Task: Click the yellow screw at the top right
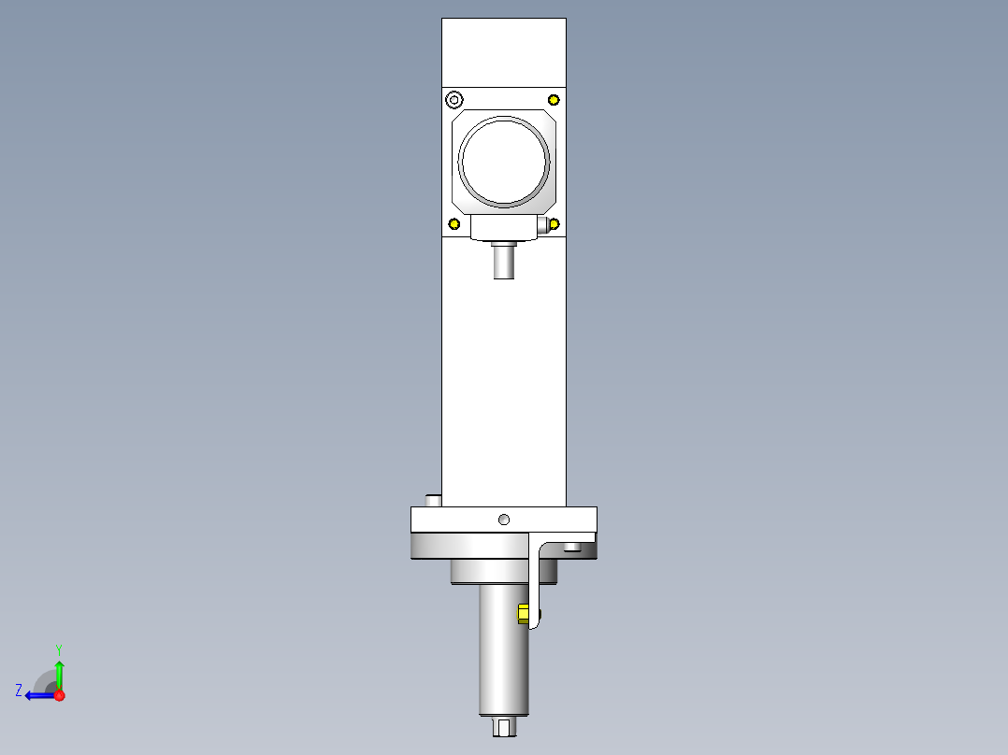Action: pyautogui.click(x=554, y=100)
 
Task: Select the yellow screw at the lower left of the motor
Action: pyautogui.click(x=454, y=223)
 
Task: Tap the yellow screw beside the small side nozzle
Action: pyautogui.click(x=554, y=223)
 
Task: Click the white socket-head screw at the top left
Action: pyautogui.click(x=454, y=100)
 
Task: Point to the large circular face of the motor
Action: pyautogui.click(x=504, y=162)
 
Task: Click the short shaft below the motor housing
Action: pyautogui.click(x=504, y=263)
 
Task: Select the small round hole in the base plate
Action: pyautogui.click(x=504, y=520)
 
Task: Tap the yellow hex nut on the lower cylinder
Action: pyautogui.click(x=524, y=614)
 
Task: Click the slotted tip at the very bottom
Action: pyautogui.click(x=504, y=727)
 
